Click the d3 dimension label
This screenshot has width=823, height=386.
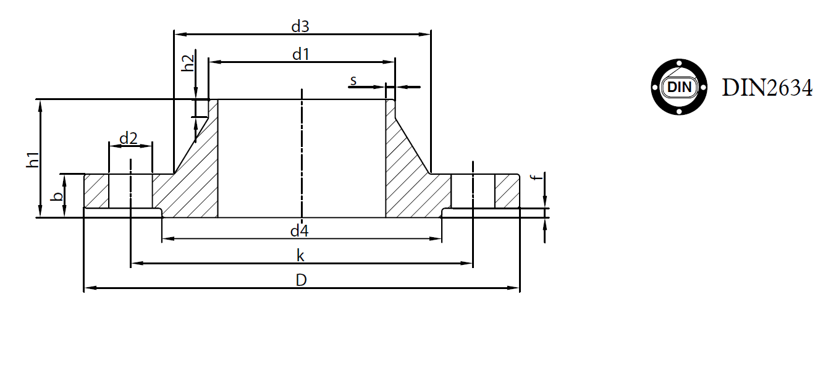(300, 27)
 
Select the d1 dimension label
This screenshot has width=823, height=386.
(300, 54)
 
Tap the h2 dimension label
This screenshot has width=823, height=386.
(188, 63)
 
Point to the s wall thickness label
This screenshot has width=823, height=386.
(353, 80)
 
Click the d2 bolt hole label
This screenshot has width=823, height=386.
(129, 138)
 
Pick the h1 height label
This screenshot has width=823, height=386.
(32, 160)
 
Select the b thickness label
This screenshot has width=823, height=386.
(57, 196)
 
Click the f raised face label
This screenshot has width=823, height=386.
(537, 177)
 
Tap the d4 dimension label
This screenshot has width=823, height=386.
(299, 231)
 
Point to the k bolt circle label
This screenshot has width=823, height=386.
(300, 256)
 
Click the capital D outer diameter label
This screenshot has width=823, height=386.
(301, 280)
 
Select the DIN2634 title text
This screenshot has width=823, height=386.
(767, 88)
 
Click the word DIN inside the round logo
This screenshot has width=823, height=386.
(679, 88)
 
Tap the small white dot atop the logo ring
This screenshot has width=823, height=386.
(679, 64)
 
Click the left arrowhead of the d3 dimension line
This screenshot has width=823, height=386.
(180, 35)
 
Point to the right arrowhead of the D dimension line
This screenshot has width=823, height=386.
(513, 288)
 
